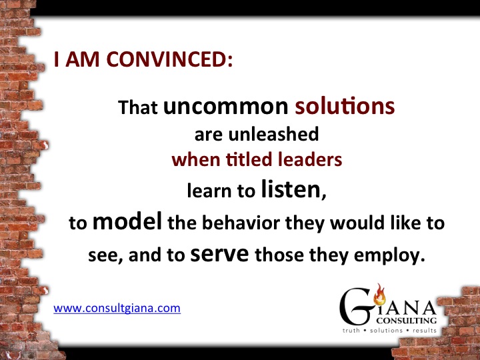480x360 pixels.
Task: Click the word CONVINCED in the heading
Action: [x=169, y=59]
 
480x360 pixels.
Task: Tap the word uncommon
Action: [x=225, y=106]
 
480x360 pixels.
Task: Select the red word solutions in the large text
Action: [x=345, y=106]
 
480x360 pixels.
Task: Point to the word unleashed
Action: [x=274, y=134]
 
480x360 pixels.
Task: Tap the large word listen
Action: [x=291, y=189]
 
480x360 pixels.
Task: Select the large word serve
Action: [x=219, y=254]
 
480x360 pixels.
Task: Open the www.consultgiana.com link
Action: [x=117, y=308]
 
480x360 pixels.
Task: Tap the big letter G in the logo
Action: [x=356, y=307]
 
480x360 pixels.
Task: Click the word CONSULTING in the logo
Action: [x=407, y=321]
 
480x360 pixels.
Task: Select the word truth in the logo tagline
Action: [x=351, y=331]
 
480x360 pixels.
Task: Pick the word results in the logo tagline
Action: [x=425, y=331]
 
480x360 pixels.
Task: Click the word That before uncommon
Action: [x=138, y=107]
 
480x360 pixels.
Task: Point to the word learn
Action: [x=209, y=191]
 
